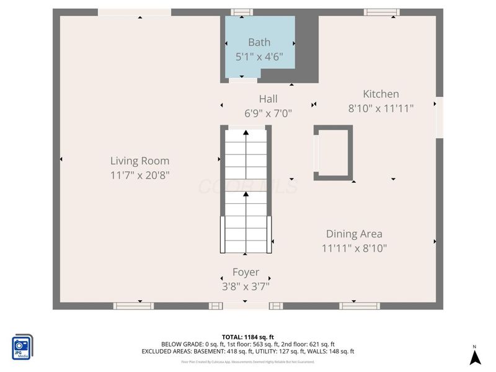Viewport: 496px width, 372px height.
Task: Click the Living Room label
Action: (139, 161)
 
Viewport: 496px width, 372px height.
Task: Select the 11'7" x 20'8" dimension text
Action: (139, 175)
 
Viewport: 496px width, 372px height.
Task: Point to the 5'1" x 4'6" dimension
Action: (259, 57)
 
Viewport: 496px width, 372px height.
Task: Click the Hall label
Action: (268, 99)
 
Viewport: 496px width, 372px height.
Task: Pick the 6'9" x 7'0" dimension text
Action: (268, 113)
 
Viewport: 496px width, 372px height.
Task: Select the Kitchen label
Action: (381, 94)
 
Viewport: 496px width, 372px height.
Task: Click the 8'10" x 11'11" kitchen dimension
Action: (381, 108)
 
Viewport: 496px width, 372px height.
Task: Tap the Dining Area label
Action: (354, 234)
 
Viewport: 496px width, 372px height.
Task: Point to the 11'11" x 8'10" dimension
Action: (354, 249)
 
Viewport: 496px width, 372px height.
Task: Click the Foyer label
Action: (246, 272)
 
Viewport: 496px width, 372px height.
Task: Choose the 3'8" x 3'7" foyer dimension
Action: (246, 286)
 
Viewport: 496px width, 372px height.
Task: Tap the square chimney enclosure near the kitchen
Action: (333, 153)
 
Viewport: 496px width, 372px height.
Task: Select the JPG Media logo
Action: (23, 347)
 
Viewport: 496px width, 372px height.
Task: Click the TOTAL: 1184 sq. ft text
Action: (248, 337)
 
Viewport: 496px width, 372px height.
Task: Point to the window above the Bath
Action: (242, 12)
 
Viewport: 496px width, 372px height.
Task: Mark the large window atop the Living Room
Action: (135, 12)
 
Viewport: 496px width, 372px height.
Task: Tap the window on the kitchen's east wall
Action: (439, 117)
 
